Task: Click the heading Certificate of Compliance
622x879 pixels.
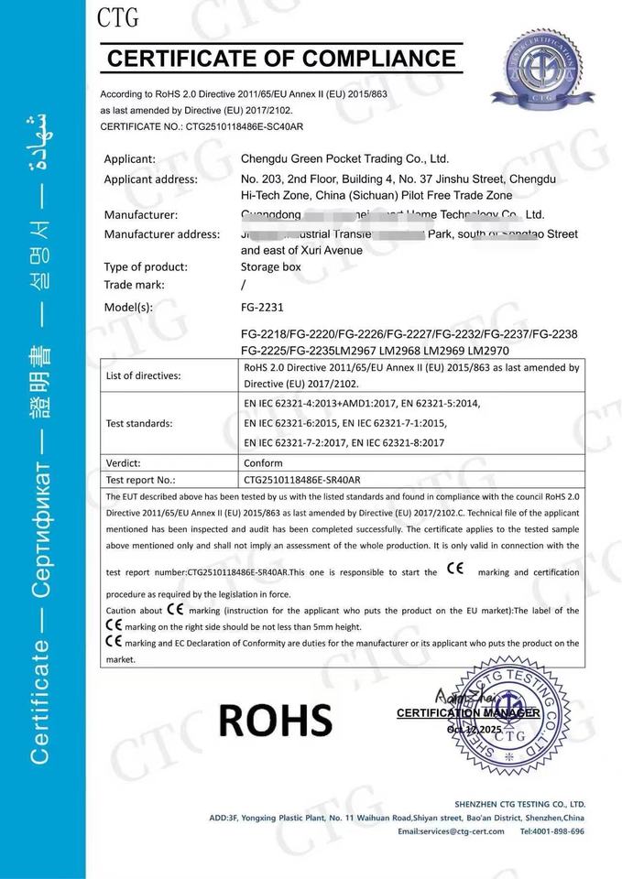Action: click(x=282, y=60)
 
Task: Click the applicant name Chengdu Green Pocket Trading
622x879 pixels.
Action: click(x=344, y=158)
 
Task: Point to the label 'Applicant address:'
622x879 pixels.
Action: click(x=150, y=179)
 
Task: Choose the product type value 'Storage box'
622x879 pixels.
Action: click(x=270, y=267)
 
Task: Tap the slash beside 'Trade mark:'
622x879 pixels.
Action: click(x=244, y=285)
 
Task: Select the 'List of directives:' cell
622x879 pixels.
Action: click(x=144, y=376)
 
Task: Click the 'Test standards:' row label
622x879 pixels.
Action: click(x=139, y=423)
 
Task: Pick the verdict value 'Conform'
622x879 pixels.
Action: click(x=264, y=463)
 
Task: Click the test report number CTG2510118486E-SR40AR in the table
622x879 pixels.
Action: click(x=302, y=480)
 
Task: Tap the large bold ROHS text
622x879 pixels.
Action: click(x=275, y=721)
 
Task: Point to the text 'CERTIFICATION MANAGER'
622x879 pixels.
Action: click(x=467, y=712)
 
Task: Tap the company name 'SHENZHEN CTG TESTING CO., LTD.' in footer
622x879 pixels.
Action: click(x=519, y=803)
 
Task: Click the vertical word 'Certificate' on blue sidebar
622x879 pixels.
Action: click(x=40, y=701)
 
